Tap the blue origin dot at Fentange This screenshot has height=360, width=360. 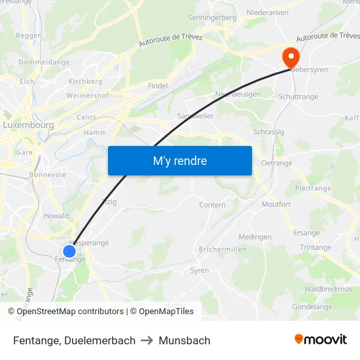pos(69,251)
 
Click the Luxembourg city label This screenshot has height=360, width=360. pos(28,124)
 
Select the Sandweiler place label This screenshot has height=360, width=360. pos(195,116)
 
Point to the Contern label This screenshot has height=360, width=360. pos(212,205)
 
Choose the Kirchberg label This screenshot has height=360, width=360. pos(85,82)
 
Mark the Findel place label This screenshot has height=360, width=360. pos(158,86)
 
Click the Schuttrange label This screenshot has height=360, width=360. pos(298,97)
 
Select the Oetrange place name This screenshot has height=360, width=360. pos(276,163)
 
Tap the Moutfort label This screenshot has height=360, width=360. pos(276,205)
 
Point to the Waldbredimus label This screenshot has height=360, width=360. pos(328,289)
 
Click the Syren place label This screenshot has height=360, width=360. pos(199,270)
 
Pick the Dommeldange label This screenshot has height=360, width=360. pos(44,62)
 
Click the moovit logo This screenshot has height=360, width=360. pos(321,339)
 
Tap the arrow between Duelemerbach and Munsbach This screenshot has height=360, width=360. pos(147,340)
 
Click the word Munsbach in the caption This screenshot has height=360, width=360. pos(185,340)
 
